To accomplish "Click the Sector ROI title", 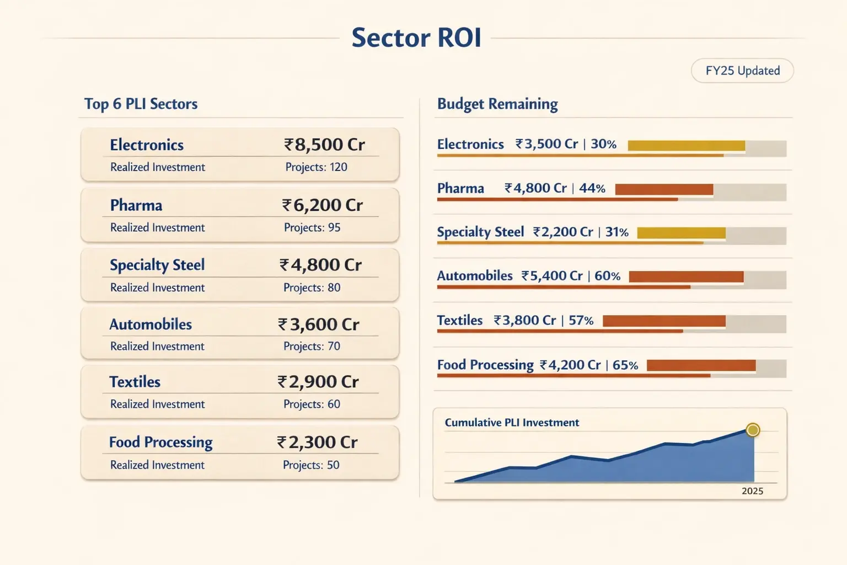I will point(416,38).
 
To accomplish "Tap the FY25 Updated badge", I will point(742,71).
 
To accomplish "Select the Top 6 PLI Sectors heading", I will point(141,104).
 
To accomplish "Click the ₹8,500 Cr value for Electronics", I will point(324,145).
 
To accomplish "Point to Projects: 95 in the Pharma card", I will point(312,227).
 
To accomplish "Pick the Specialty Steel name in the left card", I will point(157,265).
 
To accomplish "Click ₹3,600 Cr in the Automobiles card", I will point(319,324).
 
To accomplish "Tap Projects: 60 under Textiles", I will point(312,404).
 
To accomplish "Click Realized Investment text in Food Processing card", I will point(157,465).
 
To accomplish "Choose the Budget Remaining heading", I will point(497,104).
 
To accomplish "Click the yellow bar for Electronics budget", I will point(686,146).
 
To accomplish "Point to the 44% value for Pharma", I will point(592,188).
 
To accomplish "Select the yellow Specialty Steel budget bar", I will point(681,233).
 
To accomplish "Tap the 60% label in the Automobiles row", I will point(607,276).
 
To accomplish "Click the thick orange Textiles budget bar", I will point(664,321).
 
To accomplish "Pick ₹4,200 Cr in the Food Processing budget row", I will point(570,365).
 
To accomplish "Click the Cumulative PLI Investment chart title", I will point(512,423).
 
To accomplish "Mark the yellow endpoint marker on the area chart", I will point(753,430).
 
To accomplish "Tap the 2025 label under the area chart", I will point(752,491).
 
